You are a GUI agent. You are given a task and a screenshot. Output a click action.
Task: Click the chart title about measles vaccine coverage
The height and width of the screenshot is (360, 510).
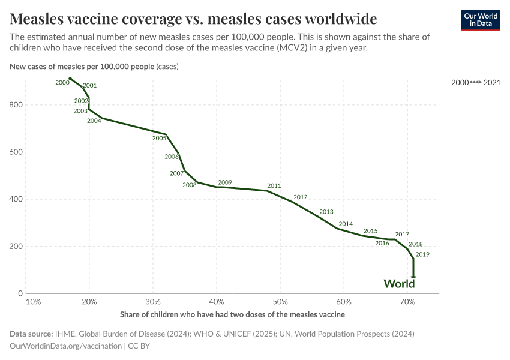(x=193, y=17)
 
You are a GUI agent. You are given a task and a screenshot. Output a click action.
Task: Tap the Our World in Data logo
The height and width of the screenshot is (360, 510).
(x=480, y=20)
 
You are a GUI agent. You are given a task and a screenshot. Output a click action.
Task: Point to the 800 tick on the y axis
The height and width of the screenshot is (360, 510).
(x=16, y=105)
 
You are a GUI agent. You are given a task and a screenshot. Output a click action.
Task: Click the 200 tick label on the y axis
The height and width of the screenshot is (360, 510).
(x=16, y=247)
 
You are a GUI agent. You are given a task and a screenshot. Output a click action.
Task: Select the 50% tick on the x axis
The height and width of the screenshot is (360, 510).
(x=280, y=301)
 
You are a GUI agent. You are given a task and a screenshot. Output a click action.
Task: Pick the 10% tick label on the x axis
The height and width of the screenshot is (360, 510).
(x=34, y=301)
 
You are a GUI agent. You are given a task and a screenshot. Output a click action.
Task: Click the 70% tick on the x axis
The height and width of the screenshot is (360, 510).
(x=407, y=301)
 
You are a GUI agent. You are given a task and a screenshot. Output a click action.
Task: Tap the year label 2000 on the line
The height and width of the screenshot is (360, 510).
(x=62, y=83)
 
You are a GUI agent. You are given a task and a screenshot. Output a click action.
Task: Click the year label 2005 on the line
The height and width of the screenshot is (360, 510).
(x=159, y=138)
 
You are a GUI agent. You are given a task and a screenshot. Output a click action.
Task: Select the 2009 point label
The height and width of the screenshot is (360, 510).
(x=225, y=182)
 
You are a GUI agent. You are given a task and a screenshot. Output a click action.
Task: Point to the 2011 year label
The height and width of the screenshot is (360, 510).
(x=274, y=186)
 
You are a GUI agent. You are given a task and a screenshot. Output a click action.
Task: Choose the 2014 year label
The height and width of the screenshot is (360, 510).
(x=346, y=224)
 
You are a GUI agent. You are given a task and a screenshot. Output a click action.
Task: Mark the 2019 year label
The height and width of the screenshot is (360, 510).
(x=422, y=254)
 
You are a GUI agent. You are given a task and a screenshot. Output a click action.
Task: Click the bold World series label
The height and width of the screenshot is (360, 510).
(x=399, y=284)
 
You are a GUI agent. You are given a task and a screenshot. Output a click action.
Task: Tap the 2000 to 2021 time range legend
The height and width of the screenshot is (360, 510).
(x=476, y=82)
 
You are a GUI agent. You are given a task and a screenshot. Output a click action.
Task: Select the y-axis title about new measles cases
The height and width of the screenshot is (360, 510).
(x=94, y=67)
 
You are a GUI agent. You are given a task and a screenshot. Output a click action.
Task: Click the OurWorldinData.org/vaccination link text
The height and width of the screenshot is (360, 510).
(x=65, y=346)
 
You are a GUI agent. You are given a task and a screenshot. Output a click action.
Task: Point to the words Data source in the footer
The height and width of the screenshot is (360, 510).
(x=31, y=334)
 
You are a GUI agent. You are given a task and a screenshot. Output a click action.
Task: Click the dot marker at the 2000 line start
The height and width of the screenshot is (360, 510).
(x=70, y=79)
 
